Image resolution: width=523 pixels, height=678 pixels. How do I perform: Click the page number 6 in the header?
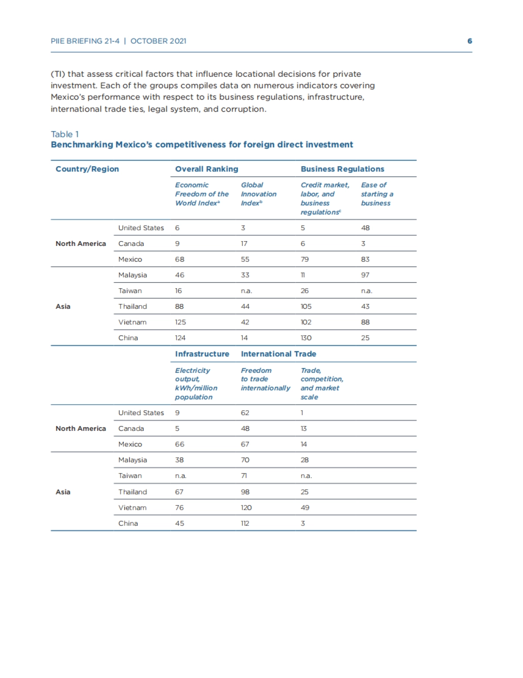coord(469,41)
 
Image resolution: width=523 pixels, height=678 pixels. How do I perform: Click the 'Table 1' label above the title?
coord(65,134)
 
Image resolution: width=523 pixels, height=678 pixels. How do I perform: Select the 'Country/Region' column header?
coord(87,169)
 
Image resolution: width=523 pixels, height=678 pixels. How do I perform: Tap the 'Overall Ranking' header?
coord(207,169)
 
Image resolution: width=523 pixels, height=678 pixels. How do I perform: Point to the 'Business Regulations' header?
coord(342,169)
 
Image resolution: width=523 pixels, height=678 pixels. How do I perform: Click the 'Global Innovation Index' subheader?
coord(258,194)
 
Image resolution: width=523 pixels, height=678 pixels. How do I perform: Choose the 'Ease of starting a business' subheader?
coord(377,194)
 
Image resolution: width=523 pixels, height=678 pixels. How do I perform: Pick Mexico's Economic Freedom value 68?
coord(180,259)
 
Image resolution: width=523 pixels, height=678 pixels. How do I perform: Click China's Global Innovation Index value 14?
coord(245,338)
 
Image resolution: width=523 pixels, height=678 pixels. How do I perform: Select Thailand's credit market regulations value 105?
coord(306,307)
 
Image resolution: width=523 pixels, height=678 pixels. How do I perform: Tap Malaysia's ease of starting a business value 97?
coord(365,275)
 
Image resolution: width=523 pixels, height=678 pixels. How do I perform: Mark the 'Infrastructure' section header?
coord(202,354)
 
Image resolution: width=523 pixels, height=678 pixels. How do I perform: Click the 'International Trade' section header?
coord(278,354)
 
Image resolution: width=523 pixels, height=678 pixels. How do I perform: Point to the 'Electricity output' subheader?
coord(196,384)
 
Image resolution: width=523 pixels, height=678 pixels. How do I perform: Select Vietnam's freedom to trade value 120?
coord(246,508)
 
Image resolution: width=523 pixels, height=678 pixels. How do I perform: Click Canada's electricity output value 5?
coord(177,429)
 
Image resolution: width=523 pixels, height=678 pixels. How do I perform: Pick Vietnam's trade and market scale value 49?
coord(305,508)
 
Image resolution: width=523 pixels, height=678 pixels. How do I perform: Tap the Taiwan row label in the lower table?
coord(130,476)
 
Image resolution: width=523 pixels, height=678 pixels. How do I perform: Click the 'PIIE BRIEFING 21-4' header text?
coord(85,41)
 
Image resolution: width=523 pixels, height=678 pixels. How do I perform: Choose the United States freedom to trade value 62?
coord(245,413)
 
